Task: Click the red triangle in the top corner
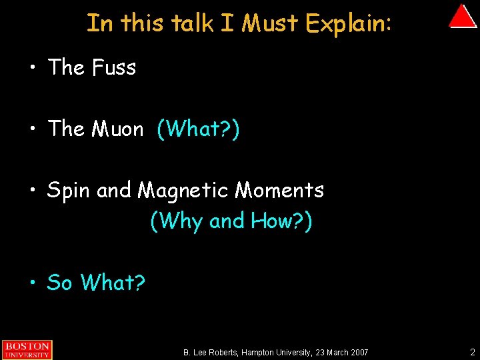point(462,17)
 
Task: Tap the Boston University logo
point(26,349)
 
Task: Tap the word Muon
point(117,129)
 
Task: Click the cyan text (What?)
point(198,129)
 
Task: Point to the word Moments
point(279,191)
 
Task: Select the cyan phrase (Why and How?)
point(231,221)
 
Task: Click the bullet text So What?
point(96,283)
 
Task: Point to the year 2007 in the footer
point(357,352)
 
